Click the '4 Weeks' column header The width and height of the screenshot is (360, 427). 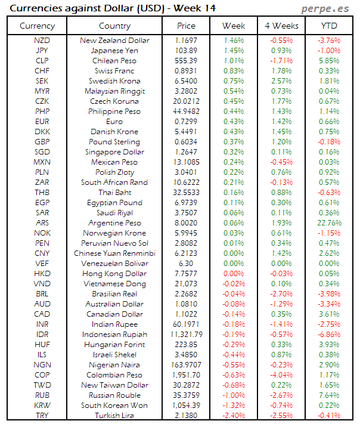(281, 26)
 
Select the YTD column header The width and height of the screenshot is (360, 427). (328, 26)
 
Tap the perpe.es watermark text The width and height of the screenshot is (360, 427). (325, 8)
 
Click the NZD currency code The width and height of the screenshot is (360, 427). (42, 41)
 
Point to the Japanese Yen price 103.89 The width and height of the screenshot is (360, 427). (187, 51)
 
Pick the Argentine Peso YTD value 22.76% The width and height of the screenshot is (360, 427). (328, 222)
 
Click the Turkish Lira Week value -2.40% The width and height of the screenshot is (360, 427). (234, 415)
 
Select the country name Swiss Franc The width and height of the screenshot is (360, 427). (114, 71)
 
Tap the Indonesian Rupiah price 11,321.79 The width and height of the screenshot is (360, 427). (187, 334)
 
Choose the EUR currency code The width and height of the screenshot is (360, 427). (42, 122)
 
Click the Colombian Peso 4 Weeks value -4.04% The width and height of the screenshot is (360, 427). (281, 375)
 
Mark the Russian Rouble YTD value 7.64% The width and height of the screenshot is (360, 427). (328, 395)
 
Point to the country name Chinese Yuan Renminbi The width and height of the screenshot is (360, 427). (114, 253)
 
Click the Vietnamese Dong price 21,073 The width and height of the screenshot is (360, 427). (187, 283)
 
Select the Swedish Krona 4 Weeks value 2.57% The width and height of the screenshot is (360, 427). (281, 81)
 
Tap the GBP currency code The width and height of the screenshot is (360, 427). (42, 142)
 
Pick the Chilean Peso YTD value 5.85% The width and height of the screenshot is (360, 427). (328, 61)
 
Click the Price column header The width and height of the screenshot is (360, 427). (187, 26)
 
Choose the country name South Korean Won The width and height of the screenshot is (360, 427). (114, 405)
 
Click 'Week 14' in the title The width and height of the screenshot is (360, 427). (195, 8)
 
